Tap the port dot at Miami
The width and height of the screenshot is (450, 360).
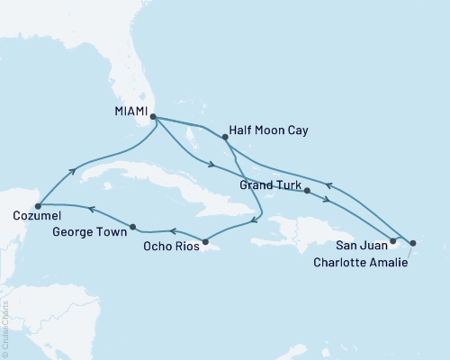[153, 117]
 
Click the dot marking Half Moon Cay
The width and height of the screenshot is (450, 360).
[225, 138]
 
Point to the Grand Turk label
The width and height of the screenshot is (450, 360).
[269, 184]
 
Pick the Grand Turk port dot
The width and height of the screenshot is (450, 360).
[308, 191]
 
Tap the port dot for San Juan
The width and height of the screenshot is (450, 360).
[392, 241]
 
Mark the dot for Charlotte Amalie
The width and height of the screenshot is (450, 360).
[412, 242]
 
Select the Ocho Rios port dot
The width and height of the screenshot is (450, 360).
[206, 241]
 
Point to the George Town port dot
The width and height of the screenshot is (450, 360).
[133, 227]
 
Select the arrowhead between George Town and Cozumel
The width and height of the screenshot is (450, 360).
[91, 210]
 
